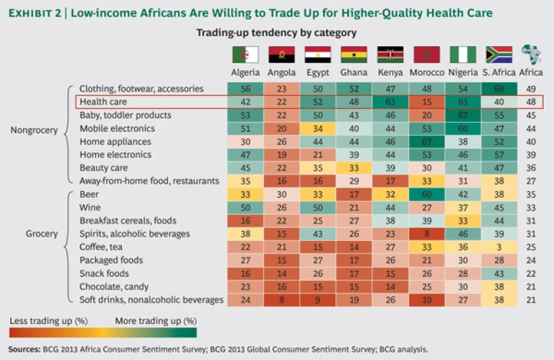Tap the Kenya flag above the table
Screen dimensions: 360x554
(390, 55)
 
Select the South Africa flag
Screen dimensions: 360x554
(498, 55)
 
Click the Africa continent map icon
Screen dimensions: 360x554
(532, 55)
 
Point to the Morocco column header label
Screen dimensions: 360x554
(426, 73)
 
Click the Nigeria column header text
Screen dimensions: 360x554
(462, 73)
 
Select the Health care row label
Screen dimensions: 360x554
(103, 102)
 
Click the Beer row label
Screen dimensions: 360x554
(89, 194)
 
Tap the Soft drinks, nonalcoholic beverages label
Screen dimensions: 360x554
(151, 299)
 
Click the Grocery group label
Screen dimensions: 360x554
(42, 234)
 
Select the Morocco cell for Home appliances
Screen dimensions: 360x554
(426, 141)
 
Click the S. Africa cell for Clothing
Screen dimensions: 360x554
(498, 89)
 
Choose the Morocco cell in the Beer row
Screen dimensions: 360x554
(426, 194)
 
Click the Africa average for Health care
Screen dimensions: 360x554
(532, 102)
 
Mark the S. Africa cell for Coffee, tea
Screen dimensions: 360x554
(498, 247)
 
